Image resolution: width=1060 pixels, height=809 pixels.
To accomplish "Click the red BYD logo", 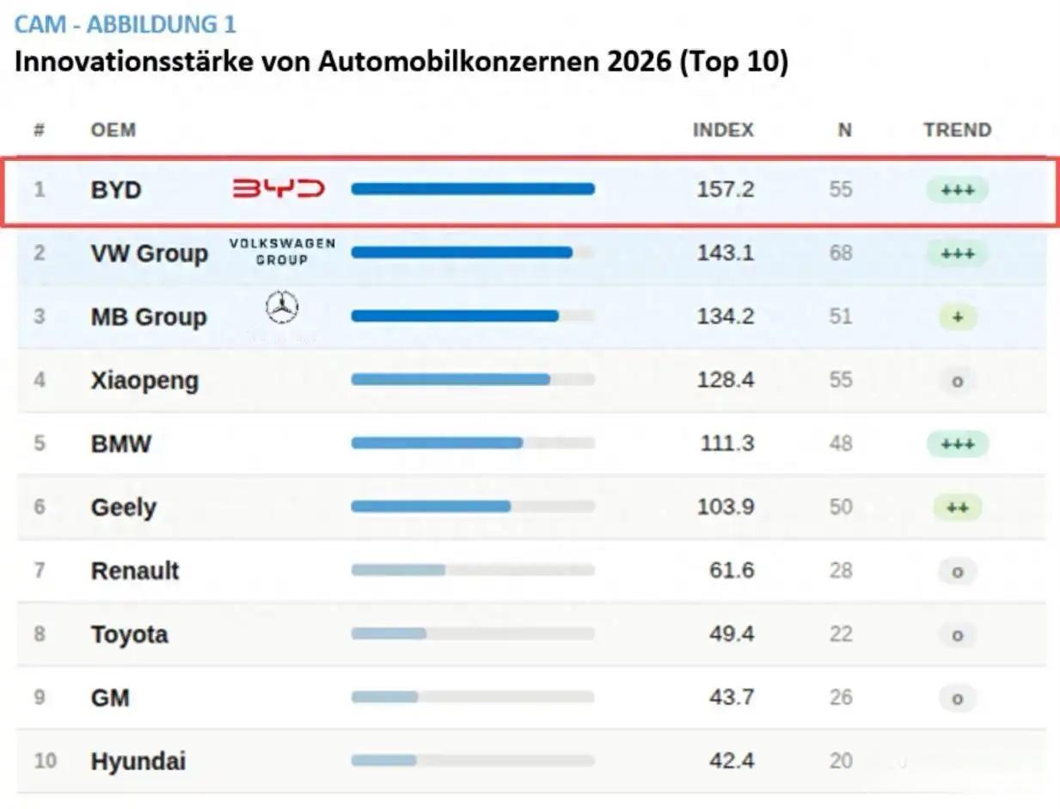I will (x=279, y=189).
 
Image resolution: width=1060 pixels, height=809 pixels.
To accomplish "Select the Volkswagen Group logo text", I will (x=282, y=252).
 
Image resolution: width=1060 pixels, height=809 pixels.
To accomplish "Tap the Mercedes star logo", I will (x=282, y=308).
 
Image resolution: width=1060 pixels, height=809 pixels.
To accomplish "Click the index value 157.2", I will (x=725, y=189).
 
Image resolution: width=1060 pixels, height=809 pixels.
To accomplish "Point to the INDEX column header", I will (x=723, y=131).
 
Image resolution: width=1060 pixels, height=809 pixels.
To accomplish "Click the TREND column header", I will (x=957, y=131).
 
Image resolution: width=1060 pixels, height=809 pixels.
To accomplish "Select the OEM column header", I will (x=113, y=131).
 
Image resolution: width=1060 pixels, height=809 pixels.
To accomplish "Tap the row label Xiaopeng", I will (x=144, y=380).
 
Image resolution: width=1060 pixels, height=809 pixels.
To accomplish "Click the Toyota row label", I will (x=130, y=634).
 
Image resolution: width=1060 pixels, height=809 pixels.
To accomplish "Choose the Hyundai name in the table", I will (x=138, y=761).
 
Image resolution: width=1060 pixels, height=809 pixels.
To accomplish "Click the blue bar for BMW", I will (x=437, y=443).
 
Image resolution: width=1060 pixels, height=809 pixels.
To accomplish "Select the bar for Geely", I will (x=431, y=506).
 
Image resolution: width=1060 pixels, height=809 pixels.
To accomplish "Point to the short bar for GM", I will (x=384, y=697).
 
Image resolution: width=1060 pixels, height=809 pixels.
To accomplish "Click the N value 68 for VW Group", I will (x=841, y=253).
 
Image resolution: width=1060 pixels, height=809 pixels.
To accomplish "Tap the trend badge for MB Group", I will (x=957, y=317).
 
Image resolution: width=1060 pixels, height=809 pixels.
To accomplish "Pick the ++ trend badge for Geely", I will (x=957, y=507).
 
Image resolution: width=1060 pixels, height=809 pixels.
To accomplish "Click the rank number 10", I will (x=45, y=761).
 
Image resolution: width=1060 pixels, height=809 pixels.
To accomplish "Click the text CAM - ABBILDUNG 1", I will (x=125, y=24).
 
